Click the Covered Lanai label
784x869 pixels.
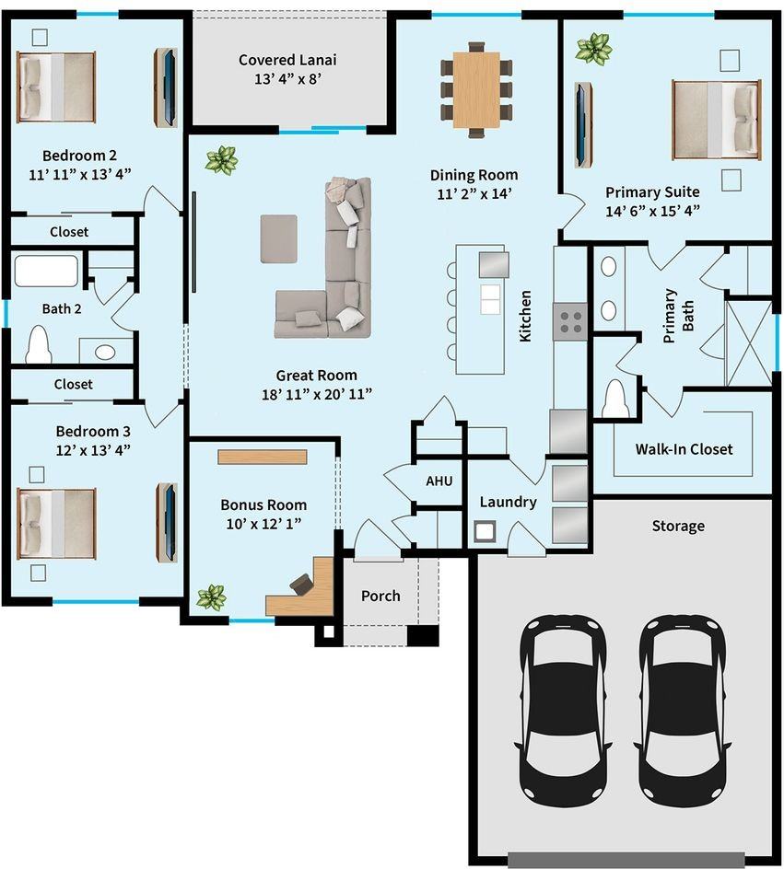click(287, 60)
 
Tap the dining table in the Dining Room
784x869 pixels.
click(476, 90)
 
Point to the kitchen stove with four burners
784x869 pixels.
click(570, 321)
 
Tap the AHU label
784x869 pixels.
click(438, 481)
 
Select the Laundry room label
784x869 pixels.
click(508, 503)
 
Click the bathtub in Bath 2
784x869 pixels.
click(46, 272)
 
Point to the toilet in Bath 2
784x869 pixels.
click(39, 345)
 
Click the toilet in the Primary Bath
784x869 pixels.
click(614, 401)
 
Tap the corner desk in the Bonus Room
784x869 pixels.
click(304, 589)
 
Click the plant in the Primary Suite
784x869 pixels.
click(593, 48)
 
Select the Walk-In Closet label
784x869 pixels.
click(684, 449)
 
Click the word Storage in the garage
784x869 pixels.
click(678, 526)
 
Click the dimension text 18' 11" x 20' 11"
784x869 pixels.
click(316, 395)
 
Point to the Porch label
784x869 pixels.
click(380, 596)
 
